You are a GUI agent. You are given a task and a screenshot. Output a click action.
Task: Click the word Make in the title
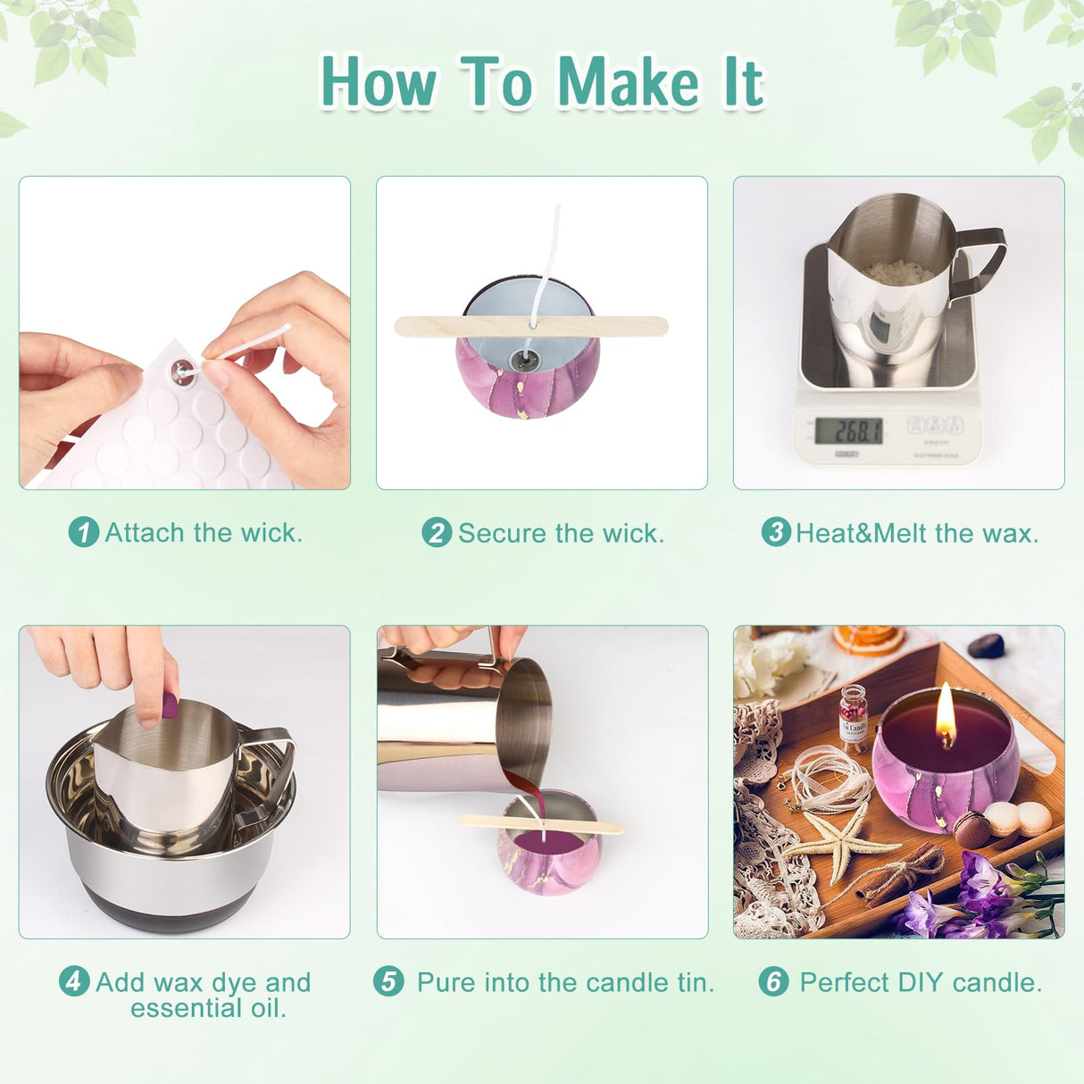pyautogui.click(x=629, y=82)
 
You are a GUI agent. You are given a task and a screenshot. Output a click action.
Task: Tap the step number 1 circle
pyautogui.click(x=83, y=533)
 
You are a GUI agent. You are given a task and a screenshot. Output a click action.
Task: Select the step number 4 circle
pyautogui.click(x=73, y=981)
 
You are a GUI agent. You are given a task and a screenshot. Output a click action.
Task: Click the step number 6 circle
pyautogui.click(x=773, y=982)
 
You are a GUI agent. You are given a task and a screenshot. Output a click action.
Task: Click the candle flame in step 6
pyautogui.click(x=946, y=716)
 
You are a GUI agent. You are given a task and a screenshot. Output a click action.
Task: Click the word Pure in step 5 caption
pyautogui.click(x=446, y=983)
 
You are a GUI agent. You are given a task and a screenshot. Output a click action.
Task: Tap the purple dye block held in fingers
pyautogui.click(x=169, y=705)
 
